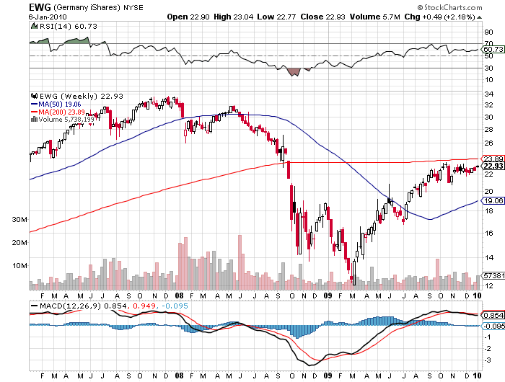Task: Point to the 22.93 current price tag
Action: (492, 166)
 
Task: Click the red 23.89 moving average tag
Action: (492, 159)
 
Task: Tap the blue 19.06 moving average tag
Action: (492, 201)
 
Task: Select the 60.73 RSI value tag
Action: (492, 48)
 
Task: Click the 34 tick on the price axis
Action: (488, 91)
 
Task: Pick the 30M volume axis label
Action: (19, 219)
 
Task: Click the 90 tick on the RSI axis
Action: (488, 32)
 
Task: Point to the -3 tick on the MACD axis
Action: (488, 360)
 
